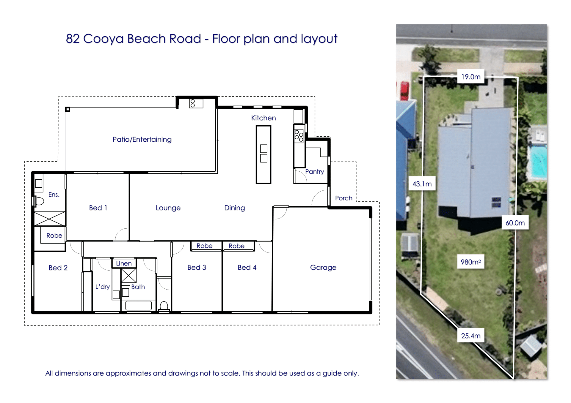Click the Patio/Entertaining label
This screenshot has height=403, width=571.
coord(142,139)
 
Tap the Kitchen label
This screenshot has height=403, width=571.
coord(263,118)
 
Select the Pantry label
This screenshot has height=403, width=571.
coord(314,172)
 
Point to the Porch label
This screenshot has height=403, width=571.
coord(343,198)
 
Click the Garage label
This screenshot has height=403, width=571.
coord(323,268)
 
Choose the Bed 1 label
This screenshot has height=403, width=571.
coord(98,208)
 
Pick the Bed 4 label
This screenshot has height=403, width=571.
coord(247,268)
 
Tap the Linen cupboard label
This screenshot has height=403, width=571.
coord(124,263)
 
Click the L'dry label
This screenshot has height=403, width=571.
coord(103,287)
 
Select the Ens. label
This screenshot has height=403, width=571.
coord(54,195)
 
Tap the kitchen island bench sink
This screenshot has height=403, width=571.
coord(263,153)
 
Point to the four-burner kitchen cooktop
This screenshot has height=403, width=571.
coord(299,136)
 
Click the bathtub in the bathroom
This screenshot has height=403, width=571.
coord(139,305)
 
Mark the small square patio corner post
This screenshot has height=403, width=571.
coord(68,109)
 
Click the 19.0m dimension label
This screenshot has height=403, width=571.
coord(471,77)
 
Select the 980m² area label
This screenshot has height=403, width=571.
coord(471,262)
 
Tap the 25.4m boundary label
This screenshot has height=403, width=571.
coord(471,336)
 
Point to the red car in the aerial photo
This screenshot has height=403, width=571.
coord(404,90)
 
